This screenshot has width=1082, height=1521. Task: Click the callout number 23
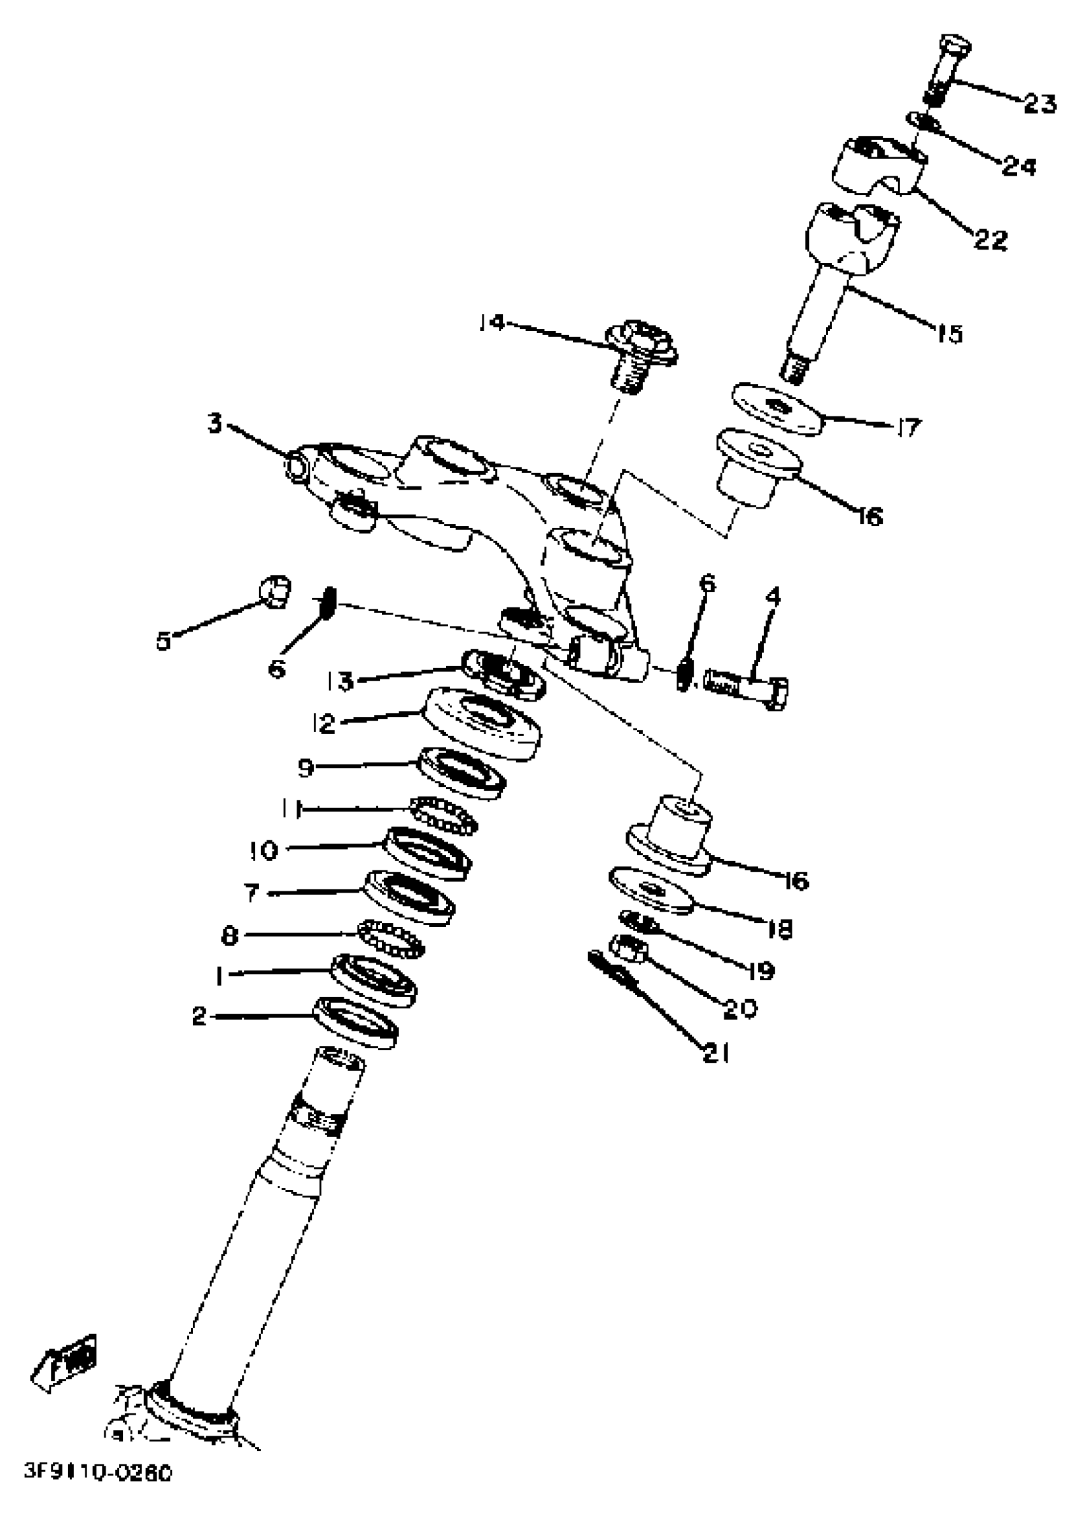(1039, 103)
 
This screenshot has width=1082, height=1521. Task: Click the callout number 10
(265, 851)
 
